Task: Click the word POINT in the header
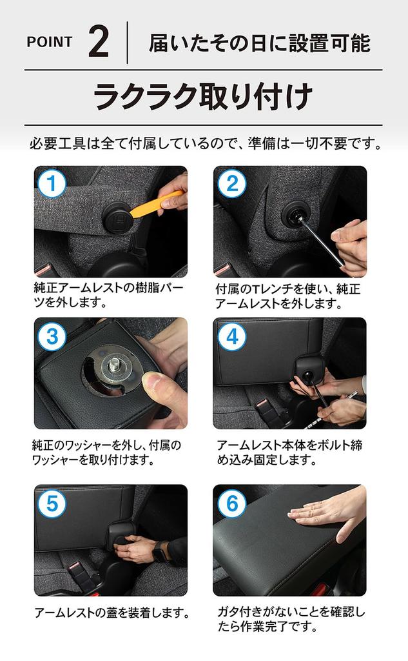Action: pyautogui.click(x=49, y=42)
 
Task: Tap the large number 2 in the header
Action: pyautogui.click(x=99, y=41)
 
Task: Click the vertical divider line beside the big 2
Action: pyautogui.click(x=127, y=42)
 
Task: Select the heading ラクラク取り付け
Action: pyautogui.click(x=203, y=97)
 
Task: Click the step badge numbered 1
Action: pyautogui.click(x=52, y=183)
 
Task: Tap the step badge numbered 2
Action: pyautogui.click(x=231, y=183)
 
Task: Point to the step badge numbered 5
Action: pyautogui.click(x=52, y=503)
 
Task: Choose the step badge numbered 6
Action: pyautogui.click(x=231, y=503)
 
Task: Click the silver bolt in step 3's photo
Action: pyautogui.click(x=114, y=365)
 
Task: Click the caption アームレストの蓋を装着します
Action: pyautogui.click(x=112, y=612)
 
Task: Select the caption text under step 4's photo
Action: pyautogui.click(x=289, y=452)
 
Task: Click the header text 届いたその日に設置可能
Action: pyautogui.click(x=259, y=43)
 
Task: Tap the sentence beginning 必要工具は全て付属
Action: pyautogui.click(x=205, y=144)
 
